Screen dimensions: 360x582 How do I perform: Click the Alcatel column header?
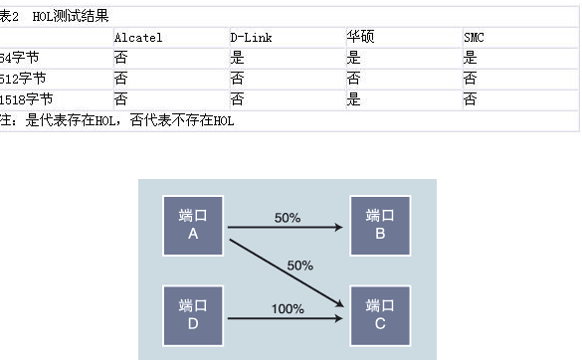point(137,38)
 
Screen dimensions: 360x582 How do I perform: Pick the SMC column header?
point(476,38)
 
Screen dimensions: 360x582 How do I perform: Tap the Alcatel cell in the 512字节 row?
point(120,78)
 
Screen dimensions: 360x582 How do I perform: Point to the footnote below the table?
point(119,120)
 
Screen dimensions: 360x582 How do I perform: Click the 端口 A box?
point(193,225)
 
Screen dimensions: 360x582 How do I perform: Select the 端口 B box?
point(380,225)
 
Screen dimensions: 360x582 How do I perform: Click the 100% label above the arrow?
point(287,308)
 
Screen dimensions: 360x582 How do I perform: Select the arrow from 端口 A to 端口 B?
point(287,228)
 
